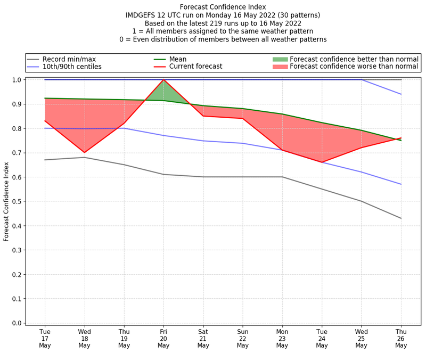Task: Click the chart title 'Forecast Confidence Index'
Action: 223,7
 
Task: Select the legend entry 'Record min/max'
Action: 69,59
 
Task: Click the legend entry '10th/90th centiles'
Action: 72,67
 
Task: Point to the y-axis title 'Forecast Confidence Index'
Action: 6,201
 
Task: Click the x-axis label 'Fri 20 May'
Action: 163,338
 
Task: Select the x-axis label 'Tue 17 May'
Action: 45,338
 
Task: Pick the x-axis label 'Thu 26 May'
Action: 401,338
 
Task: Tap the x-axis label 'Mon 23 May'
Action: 282,338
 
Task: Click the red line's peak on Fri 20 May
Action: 163,80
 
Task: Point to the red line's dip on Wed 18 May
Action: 84,152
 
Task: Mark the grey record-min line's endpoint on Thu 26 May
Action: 401,218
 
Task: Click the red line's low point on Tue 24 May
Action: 322,162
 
